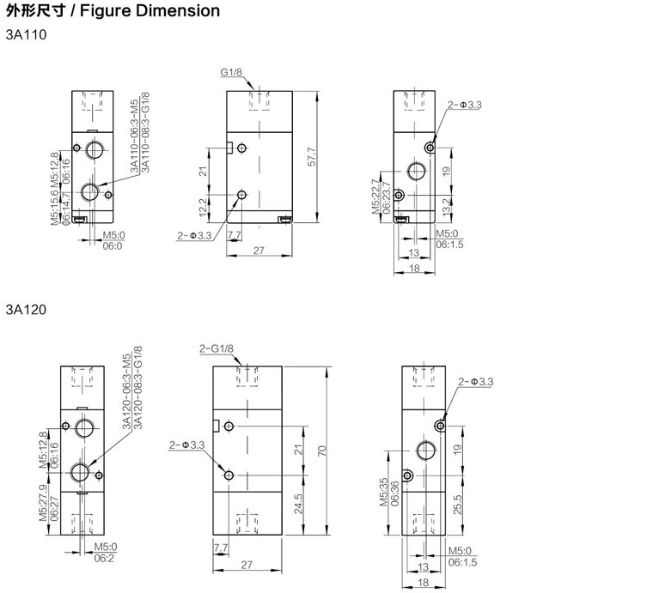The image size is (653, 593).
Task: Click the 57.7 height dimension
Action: click(x=312, y=157)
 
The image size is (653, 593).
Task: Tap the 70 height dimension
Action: click(x=322, y=451)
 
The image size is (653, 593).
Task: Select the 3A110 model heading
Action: click(x=27, y=34)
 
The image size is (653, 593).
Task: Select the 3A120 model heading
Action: click(x=26, y=310)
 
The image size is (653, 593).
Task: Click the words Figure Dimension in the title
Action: click(x=150, y=11)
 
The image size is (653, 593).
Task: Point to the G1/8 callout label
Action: click(x=231, y=72)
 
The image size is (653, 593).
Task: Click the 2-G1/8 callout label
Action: click(x=217, y=348)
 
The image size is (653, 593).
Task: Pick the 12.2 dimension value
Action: click(x=203, y=207)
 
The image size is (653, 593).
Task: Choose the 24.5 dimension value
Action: click(x=299, y=504)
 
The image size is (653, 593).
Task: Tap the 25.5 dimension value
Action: click(x=457, y=504)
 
